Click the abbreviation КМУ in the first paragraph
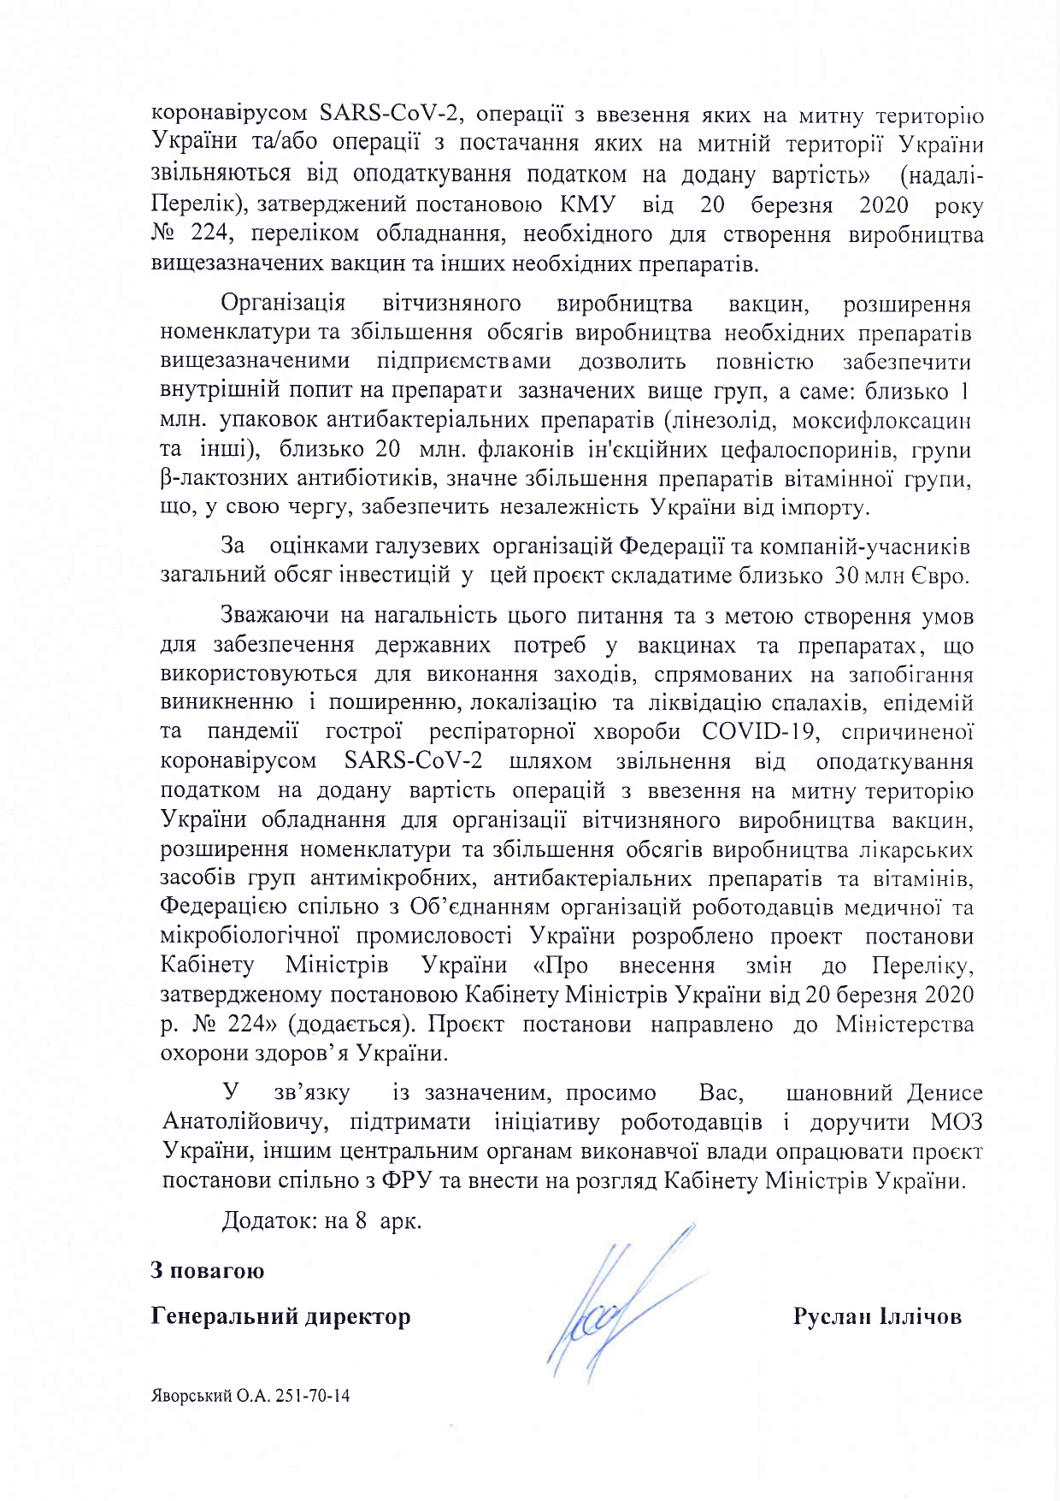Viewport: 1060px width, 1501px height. tap(587, 205)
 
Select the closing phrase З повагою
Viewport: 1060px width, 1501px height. tap(208, 1271)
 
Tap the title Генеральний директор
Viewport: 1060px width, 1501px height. tap(280, 1316)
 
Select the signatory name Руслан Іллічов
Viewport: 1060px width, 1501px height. tap(877, 1316)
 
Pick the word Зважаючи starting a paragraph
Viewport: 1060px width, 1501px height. tap(274, 616)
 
